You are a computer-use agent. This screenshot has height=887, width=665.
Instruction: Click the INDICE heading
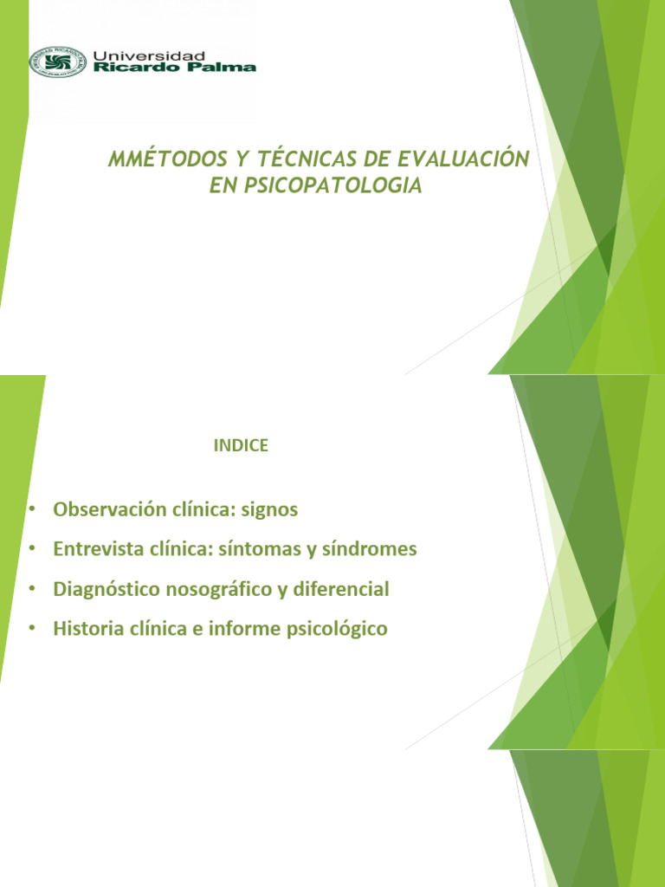[240, 446]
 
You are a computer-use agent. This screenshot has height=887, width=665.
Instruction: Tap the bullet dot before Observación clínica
[31, 509]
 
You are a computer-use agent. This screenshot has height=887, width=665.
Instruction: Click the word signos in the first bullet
[269, 509]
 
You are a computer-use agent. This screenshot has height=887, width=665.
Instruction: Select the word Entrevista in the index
[94, 549]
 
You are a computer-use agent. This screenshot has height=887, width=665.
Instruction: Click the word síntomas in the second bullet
[272, 549]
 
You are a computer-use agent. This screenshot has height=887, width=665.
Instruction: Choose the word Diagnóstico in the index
[103, 589]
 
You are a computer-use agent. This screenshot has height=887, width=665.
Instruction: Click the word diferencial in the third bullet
[340, 589]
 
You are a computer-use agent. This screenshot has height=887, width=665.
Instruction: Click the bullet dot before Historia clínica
[31, 630]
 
